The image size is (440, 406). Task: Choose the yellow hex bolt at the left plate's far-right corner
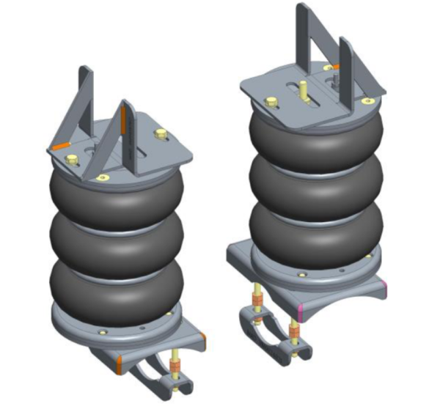161,133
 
